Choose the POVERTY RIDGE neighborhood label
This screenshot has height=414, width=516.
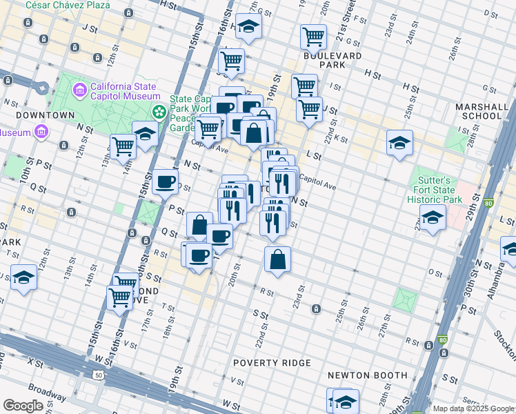pyautogui.click(x=272, y=363)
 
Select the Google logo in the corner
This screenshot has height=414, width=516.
pyautogui.click(x=23, y=406)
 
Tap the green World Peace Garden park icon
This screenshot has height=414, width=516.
pyautogui.click(x=160, y=110)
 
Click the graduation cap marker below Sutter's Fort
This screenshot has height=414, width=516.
pyautogui.click(x=432, y=218)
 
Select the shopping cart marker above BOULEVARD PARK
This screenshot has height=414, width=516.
pyautogui.click(x=313, y=37)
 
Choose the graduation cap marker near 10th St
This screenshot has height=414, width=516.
pyautogui.click(x=23, y=278)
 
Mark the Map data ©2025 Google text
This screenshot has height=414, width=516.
pyautogui.click(x=473, y=408)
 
